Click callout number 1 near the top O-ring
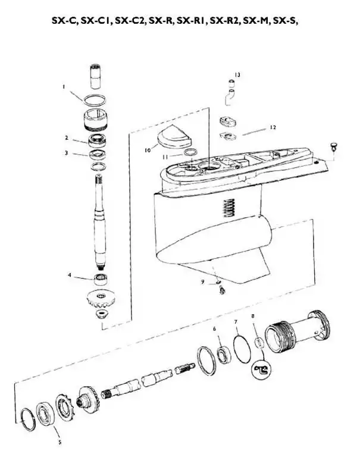pyautogui.click(x=64, y=87)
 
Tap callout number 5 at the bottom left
pyautogui.click(x=60, y=442)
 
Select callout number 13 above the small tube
pyautogui.click(x=237, y=75)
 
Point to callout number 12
pyautogui.click(x=273, y=127)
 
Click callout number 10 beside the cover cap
pyautogui.click(x=148, y=151)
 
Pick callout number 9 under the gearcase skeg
pyautogui.click(x=203, y=281)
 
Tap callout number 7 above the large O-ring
pyautogui.click(x=236, y=321)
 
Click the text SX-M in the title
pyautogui.click(x=254, y=21)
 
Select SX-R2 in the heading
pyautogui.click(x=225, y=21)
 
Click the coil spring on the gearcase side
pyautogui.click(x=228, y=208)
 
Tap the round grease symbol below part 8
pyautogui.click(x=262, y=369)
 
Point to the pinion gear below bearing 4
pyautogui.click(x=101, y=299)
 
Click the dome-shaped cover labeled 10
pyautogui.click(x=175, y=138)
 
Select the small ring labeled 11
pyautogui.click(x=190, y=152)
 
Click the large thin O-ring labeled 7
pyautogui.click(x=242, y=349)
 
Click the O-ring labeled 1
pyautogui.click(x=95, y=100)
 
